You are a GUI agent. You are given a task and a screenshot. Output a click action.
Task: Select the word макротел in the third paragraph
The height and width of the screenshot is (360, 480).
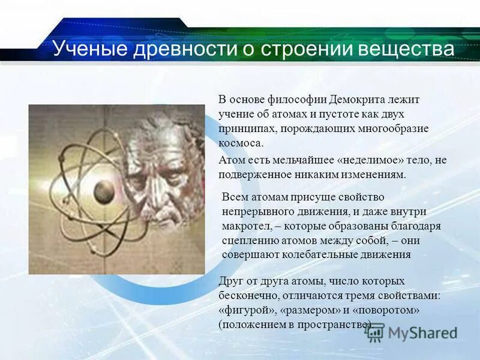(x=242, y=226)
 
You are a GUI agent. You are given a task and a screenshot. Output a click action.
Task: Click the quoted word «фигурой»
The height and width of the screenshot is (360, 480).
(x=243, y=310)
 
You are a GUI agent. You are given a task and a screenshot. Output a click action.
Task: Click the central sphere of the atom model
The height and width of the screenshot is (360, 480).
(x=104, y=192)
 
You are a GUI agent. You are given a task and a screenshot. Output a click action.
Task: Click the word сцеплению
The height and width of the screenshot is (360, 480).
(x=246, y=240)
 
